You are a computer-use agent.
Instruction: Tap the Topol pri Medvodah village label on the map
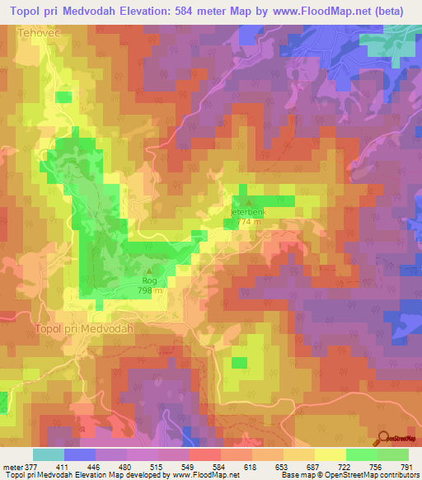tap(85, 327)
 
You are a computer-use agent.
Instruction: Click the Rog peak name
tap(149, 281)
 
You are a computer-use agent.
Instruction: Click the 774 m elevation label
tap(249, 221)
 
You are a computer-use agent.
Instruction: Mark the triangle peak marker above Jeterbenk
tap(249, 202)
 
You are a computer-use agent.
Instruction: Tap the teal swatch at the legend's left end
tap(49, 454)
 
